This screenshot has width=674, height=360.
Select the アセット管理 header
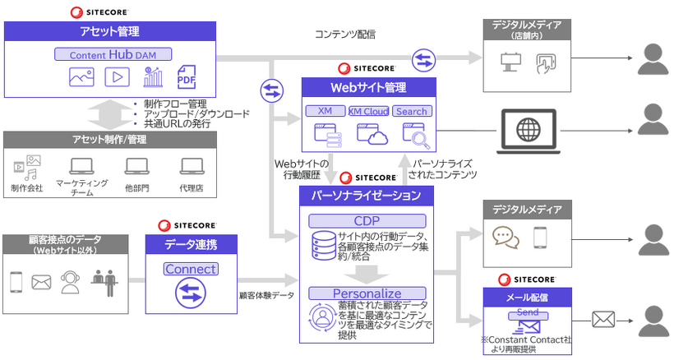[109, 32]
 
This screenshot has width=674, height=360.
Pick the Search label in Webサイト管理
[412, 111]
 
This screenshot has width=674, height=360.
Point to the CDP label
[367, 220]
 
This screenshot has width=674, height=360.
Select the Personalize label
[367, 293]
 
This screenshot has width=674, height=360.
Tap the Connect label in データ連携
[191, 269]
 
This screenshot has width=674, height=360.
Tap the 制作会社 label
[27, 188]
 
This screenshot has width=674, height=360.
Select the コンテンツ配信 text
[345, 35]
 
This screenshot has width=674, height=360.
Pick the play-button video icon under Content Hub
[117, 78]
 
